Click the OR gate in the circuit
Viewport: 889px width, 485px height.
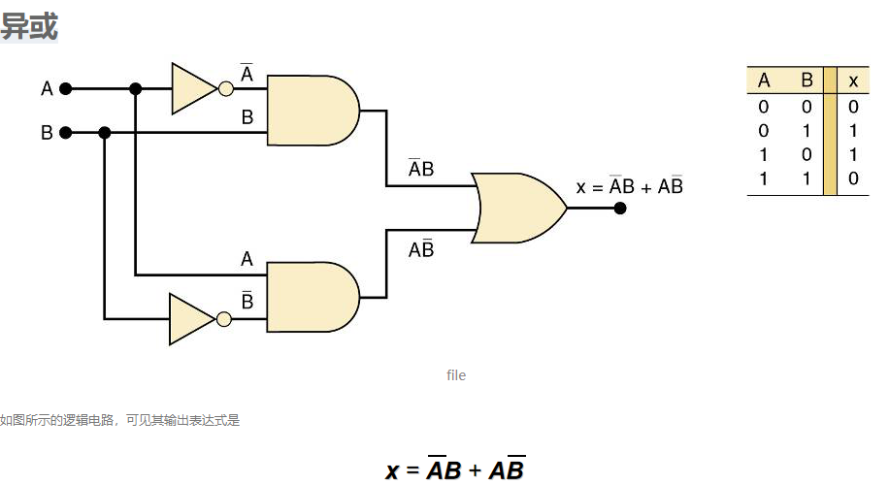point(517,208)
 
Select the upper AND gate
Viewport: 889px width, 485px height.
point(312,111)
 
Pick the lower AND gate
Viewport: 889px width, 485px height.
point(312,297)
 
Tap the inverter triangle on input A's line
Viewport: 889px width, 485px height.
point(193,88)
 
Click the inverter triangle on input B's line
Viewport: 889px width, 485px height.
point(191,319)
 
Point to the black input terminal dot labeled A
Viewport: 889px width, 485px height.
point(66,89)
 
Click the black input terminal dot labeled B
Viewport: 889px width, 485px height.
point(66,133)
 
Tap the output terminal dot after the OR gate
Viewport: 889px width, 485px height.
point(620,209)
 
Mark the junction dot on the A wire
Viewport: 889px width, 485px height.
point(136,89)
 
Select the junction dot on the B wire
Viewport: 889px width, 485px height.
point(104,133)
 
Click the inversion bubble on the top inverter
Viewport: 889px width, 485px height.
point(226,89)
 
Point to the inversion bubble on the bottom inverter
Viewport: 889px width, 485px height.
point(224,319)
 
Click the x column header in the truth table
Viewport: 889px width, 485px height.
point(853,81)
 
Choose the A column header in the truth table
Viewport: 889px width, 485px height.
point(764,81)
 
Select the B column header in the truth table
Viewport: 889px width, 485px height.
point(807,81)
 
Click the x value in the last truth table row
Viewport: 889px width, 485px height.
point(853,178)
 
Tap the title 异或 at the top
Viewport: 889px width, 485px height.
point(29,26)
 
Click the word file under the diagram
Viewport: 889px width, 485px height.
point(456,375)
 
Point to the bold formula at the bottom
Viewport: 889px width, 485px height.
point(455,469)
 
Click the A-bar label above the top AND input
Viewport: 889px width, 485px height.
point(247,73)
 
